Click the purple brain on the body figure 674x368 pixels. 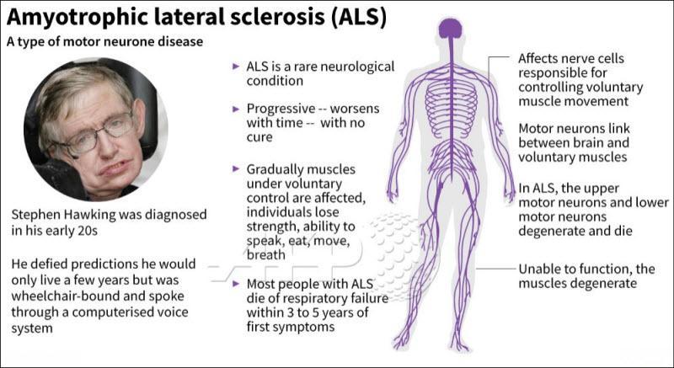451,29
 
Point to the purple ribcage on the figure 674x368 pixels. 451,102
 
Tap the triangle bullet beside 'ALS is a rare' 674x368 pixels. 236,67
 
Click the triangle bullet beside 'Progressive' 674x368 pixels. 236,109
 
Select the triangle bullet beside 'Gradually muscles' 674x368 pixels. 236,168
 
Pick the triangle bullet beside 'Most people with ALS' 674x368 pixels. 236,284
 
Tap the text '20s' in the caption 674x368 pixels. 88,231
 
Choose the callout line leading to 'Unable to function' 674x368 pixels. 495,269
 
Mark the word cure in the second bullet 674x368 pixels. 259,138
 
